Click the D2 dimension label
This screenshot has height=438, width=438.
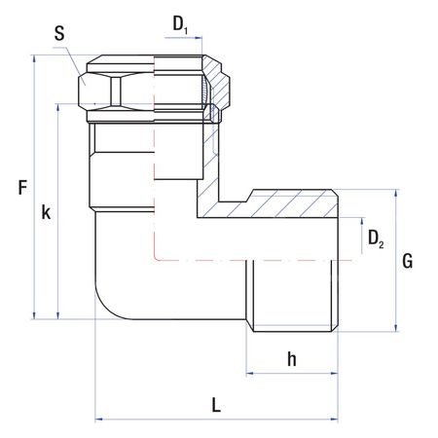click(376, 237)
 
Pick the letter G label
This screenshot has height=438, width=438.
click(409, 261)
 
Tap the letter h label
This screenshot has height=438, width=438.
click(292, 357)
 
